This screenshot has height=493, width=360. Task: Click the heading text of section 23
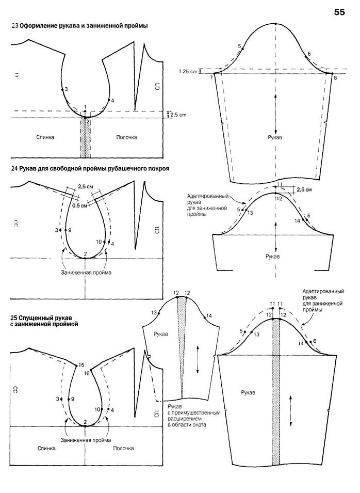79,25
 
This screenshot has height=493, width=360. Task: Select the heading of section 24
90,168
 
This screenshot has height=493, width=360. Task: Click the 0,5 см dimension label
79,206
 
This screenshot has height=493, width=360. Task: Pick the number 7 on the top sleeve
211,77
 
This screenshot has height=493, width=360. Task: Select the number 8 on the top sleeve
335,77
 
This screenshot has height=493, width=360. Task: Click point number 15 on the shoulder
80,365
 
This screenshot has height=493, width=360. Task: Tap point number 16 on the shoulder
87,373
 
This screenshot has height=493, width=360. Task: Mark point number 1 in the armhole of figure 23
85,106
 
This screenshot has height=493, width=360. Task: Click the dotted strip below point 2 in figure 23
86,139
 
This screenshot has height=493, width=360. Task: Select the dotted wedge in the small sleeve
182,351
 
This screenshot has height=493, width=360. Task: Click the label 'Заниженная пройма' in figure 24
86,272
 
